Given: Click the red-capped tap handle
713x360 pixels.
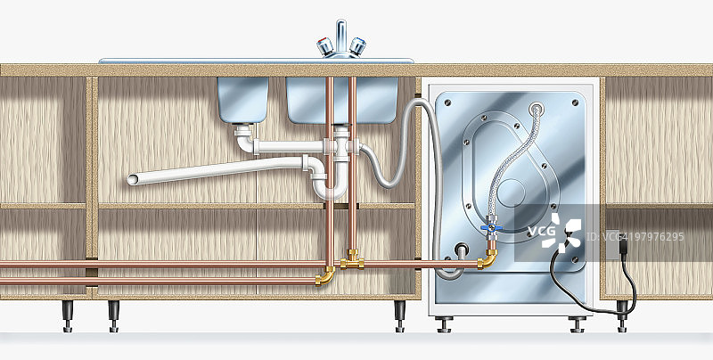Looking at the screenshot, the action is (325, 46).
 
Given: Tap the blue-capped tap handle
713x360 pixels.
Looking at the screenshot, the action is (357, 46).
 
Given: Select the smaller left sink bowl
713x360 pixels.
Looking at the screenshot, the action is (242, 100).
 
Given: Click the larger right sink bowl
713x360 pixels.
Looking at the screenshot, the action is (342, 100).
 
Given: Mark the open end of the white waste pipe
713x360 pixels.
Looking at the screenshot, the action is (132, 179).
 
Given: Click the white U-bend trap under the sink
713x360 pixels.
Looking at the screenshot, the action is (330, 186).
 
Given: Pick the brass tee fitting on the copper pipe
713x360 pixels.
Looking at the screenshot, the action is (352, 259).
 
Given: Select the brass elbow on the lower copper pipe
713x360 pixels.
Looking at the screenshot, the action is (325, 276).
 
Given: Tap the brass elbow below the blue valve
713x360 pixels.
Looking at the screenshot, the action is (488, 259).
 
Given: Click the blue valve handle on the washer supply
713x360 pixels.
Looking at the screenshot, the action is (491, 228).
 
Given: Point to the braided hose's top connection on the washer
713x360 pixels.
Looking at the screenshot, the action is (537, 109).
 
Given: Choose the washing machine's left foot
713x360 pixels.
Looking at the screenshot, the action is (443, 324).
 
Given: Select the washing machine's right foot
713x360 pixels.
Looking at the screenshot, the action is (577, 324).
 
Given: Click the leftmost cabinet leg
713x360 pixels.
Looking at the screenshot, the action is (68, 316).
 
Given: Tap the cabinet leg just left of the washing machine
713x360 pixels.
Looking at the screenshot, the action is (399, 316).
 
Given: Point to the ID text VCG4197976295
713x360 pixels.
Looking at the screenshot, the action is (635, 237).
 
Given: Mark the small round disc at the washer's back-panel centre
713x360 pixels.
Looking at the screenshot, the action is (511, 193).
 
